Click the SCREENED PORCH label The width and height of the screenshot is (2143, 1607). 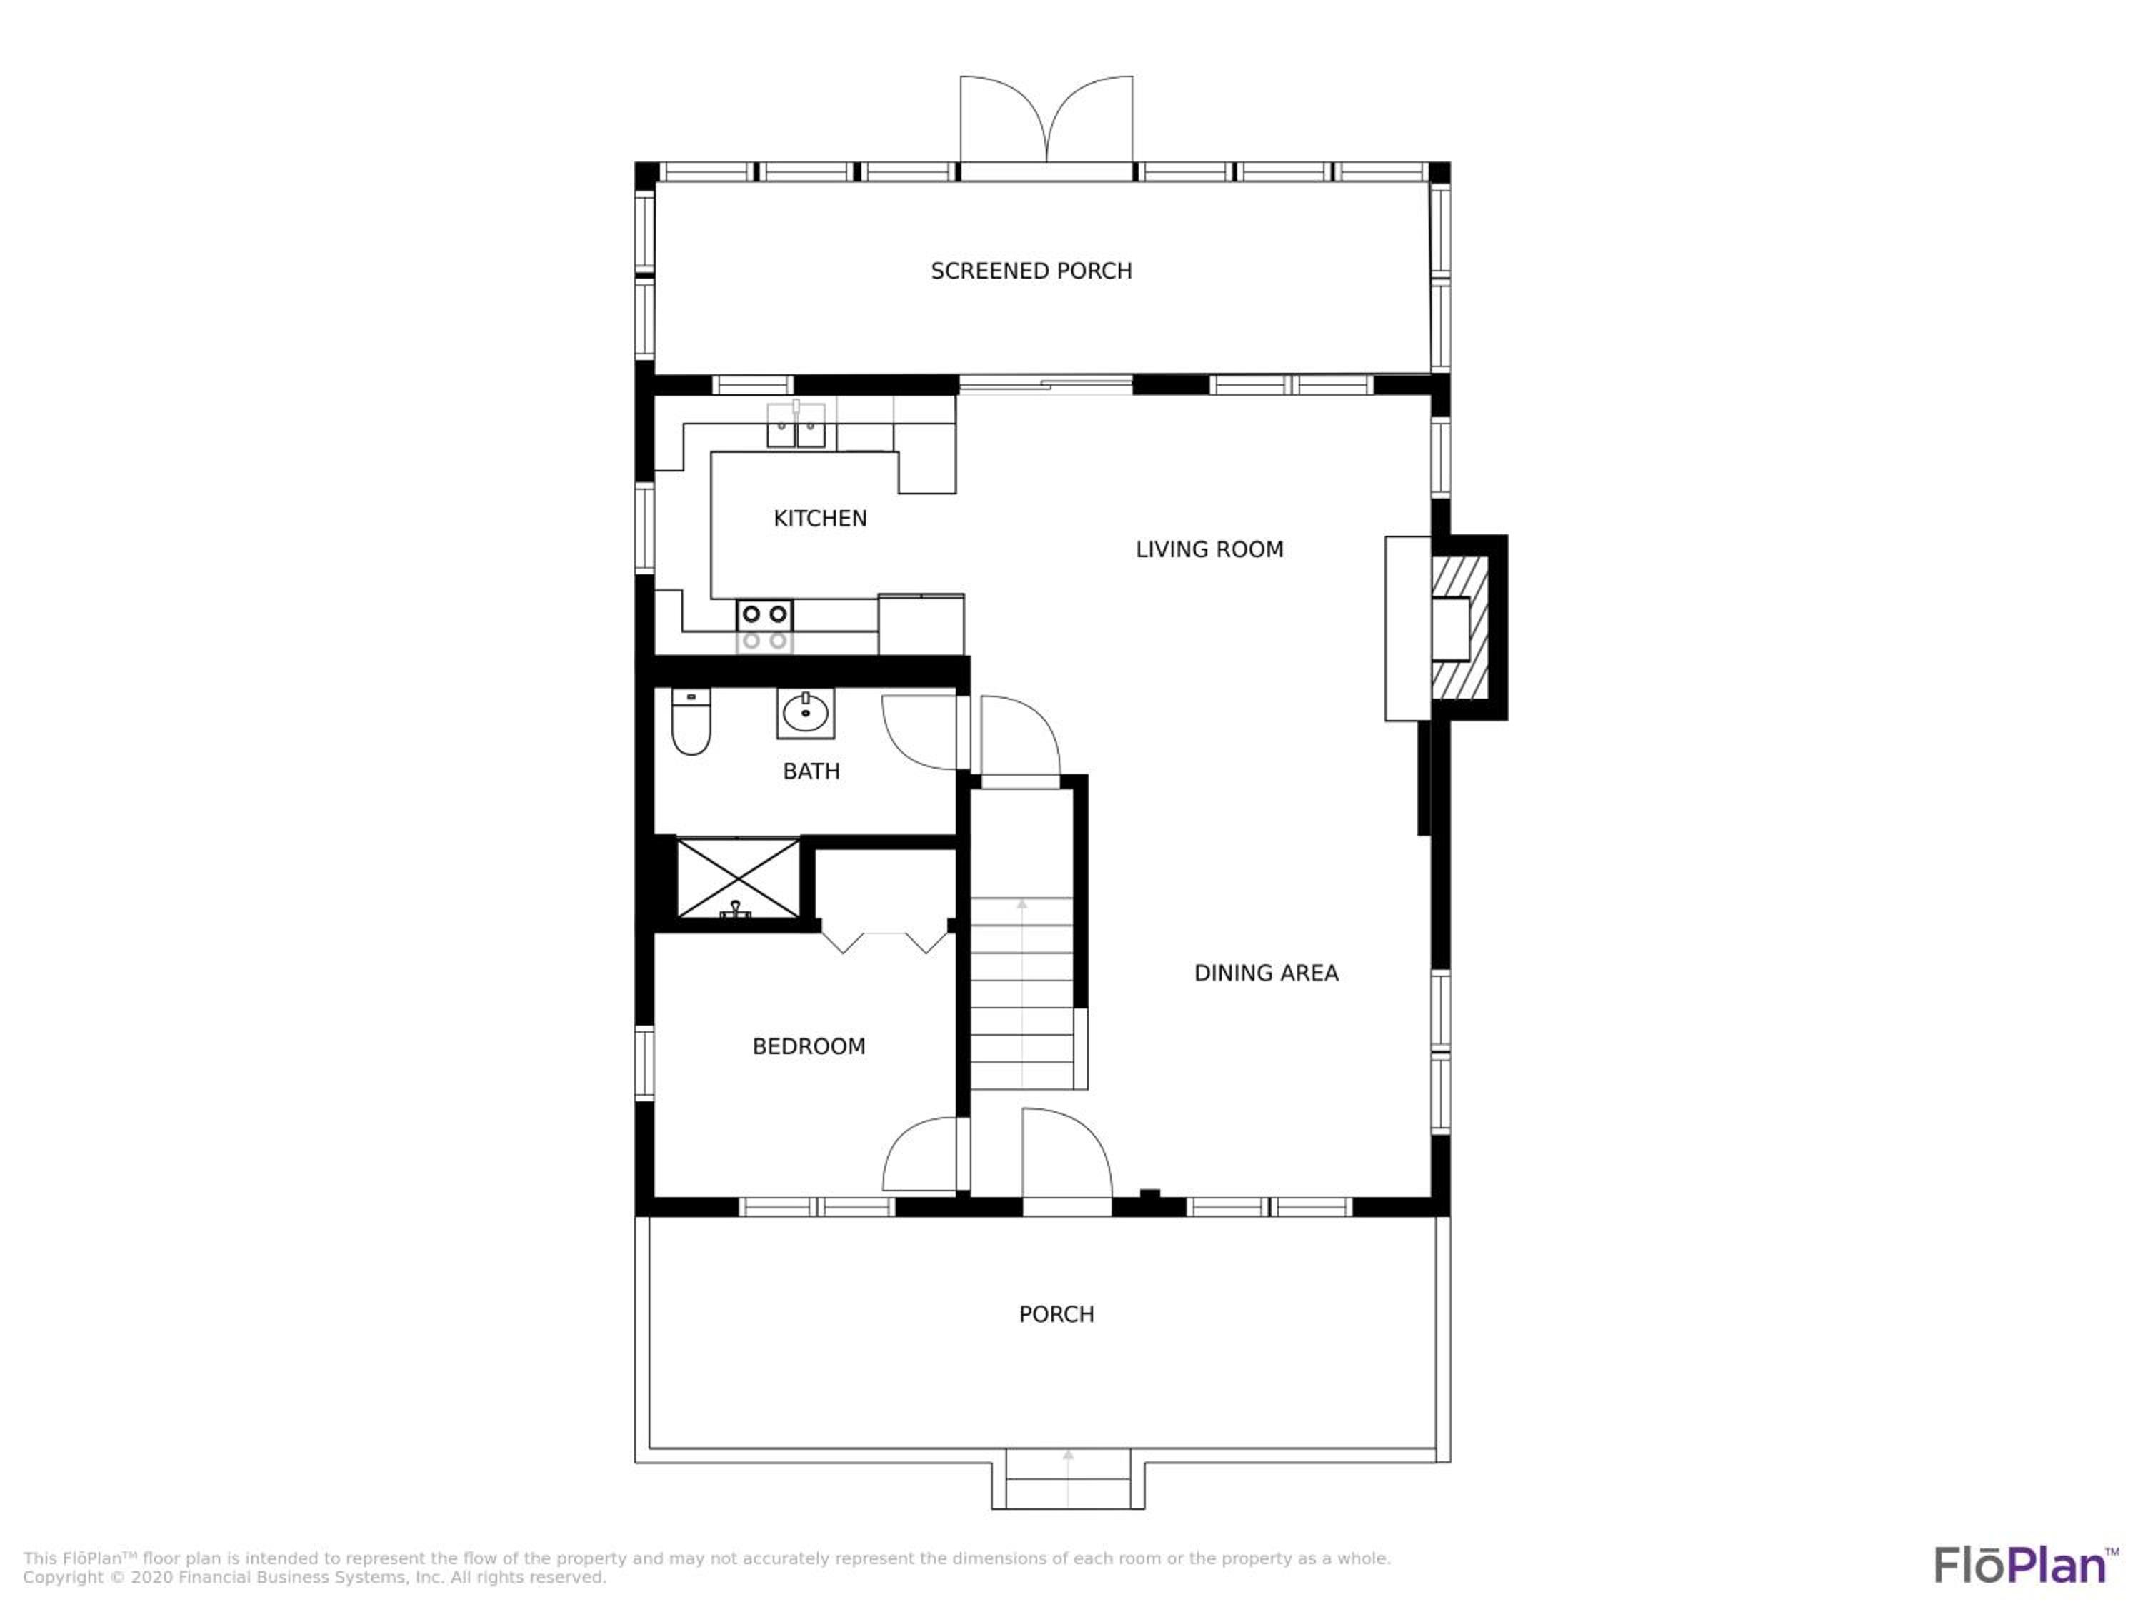1031,271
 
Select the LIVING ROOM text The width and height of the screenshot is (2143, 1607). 1209,549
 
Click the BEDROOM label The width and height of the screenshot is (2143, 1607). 809,1046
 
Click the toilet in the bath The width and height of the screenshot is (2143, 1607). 691,721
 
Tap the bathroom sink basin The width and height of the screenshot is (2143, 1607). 805,714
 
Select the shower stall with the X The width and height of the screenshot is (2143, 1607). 738,878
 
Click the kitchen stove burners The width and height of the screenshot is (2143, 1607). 764,626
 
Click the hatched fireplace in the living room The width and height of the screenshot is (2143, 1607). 1460,626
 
